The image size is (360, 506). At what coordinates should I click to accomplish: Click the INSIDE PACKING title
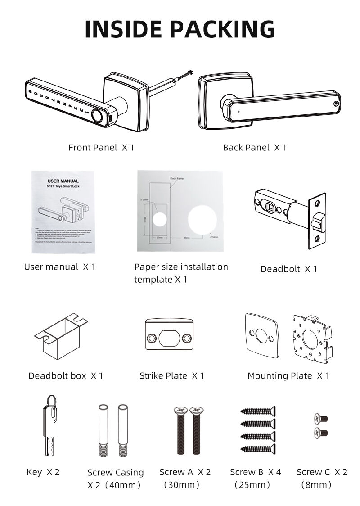[180, 29]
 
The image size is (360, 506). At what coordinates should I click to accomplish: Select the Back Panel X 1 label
[254, 147]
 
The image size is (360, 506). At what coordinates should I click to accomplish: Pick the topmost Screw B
[258, 411]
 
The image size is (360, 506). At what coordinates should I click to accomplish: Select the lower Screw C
[321, 433]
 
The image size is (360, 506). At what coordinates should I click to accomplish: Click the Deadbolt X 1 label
[289, 269]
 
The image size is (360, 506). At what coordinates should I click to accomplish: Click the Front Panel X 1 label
[101, 147]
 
